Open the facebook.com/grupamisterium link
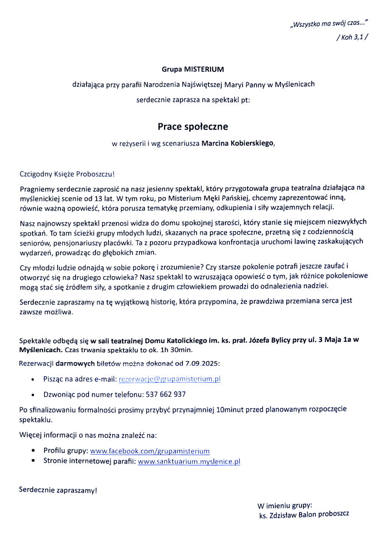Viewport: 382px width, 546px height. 150,451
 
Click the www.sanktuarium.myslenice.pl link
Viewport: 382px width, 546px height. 189,461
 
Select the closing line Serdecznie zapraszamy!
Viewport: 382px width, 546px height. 58,490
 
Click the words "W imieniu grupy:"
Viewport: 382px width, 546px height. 285,506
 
